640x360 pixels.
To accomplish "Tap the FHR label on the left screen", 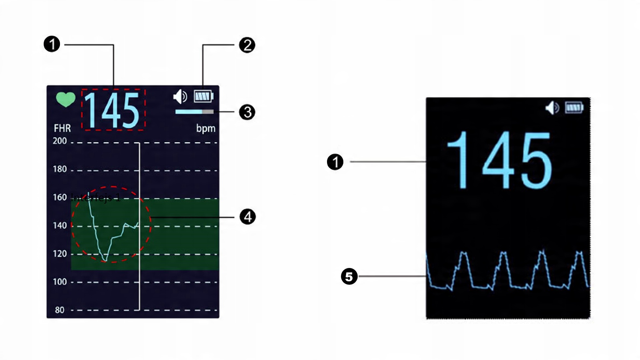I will coord(62,128).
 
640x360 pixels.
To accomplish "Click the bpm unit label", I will coord(206,128).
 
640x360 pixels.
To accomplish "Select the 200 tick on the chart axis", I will coord(60,141).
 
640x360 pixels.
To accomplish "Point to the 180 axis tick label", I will coord(60,169).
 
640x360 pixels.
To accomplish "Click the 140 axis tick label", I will coord(60,226).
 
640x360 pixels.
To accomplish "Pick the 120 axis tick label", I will coord(60,254).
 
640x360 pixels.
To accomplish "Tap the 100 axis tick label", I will coord(60,282).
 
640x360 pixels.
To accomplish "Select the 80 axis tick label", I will coord(60,310).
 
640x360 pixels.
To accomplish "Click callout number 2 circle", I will coord(247,45).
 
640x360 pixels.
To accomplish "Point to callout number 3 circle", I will coord(247,112).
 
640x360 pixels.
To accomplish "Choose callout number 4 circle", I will coord(248,217).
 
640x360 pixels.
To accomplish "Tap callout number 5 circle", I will coord(349,276).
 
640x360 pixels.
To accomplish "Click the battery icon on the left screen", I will coord(203,97).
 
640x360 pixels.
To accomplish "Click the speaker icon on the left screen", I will coord(180,97).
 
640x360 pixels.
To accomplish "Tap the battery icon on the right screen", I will coord(574,108).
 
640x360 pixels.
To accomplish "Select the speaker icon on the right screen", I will coord(552,108).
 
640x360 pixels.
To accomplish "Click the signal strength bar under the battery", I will coord(194,112).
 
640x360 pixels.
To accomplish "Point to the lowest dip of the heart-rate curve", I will coord(105,261).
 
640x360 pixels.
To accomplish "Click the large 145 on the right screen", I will coord(499,160).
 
